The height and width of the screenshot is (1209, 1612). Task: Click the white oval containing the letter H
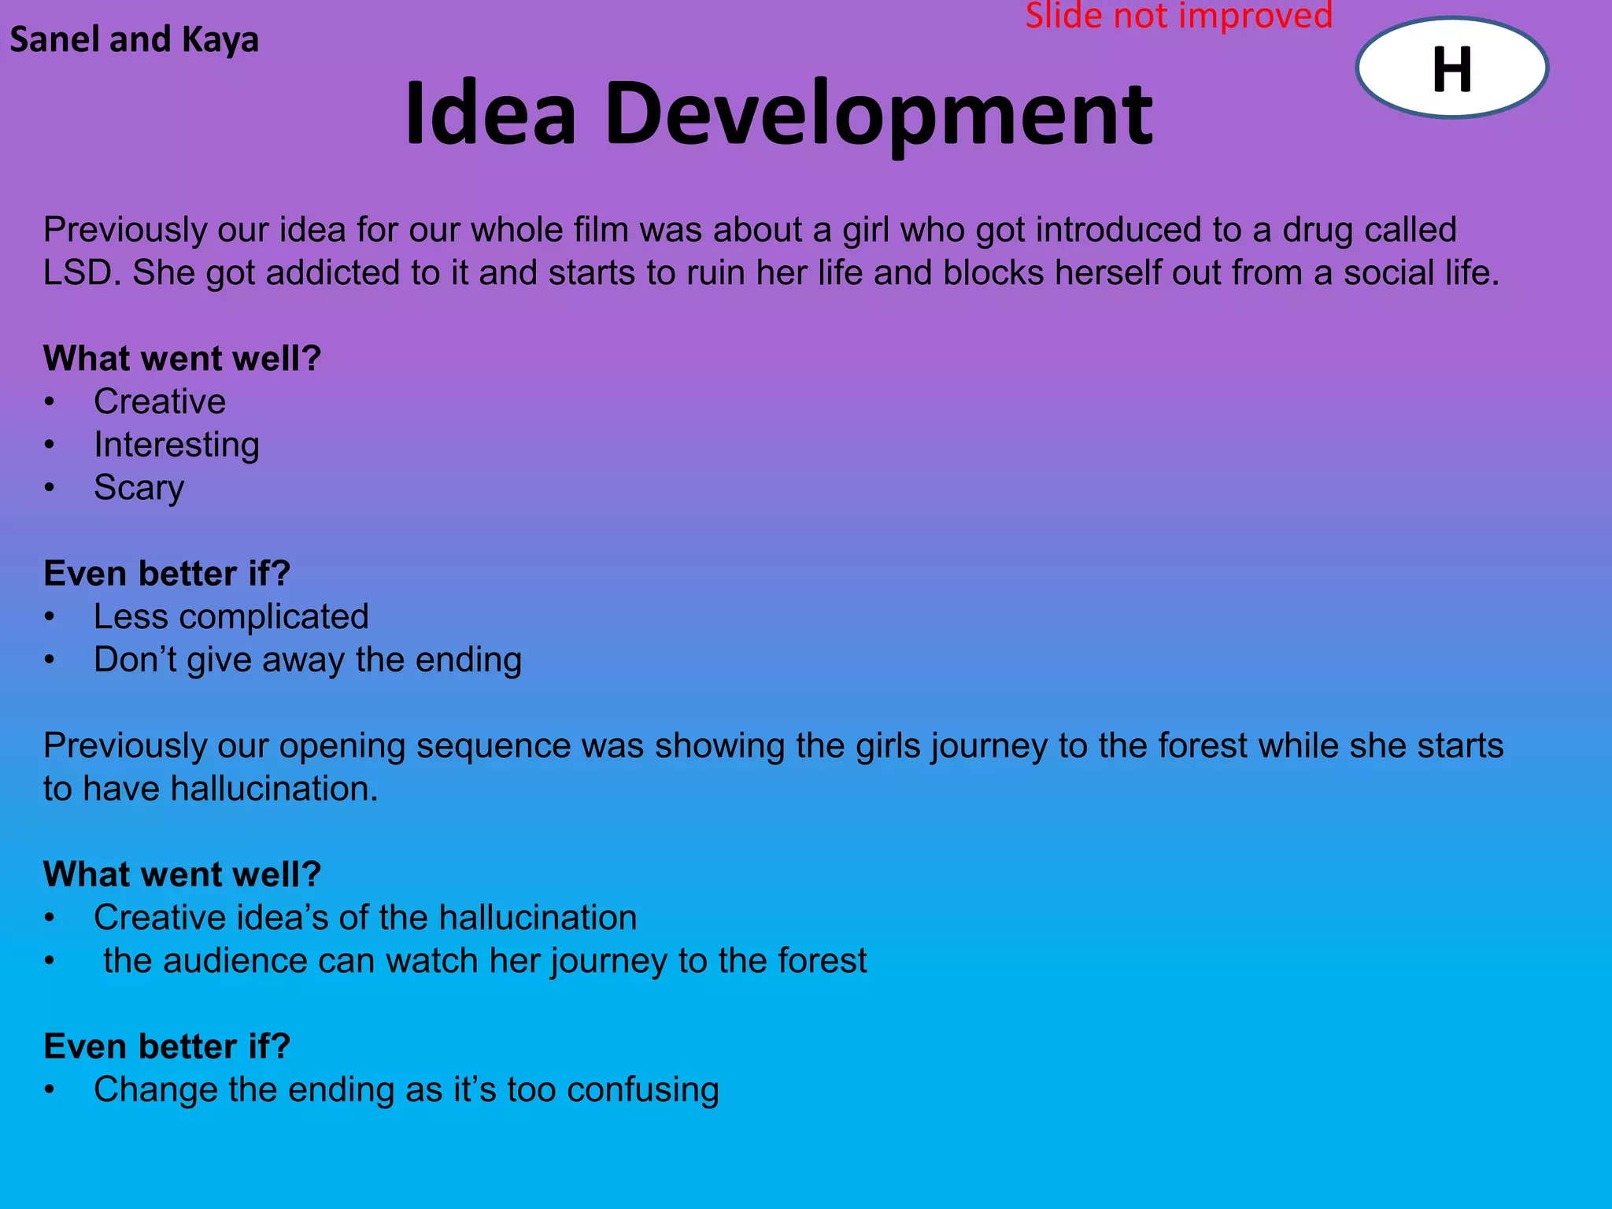[1451, 68]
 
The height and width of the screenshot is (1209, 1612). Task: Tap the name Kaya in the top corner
[220, 40]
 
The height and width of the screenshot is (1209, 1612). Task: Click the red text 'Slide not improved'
[1178, 16]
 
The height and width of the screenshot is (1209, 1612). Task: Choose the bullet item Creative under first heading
[160, 401]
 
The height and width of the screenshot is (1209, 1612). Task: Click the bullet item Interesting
[176, 445]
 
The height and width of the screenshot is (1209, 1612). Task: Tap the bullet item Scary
[139, 488]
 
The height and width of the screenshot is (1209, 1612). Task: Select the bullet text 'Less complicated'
[231, 616]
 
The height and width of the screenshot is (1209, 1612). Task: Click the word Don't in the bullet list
[135, 660]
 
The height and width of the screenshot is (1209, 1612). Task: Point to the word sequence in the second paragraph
[493, 745]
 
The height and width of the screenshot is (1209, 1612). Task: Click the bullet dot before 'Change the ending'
[50, 1090]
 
